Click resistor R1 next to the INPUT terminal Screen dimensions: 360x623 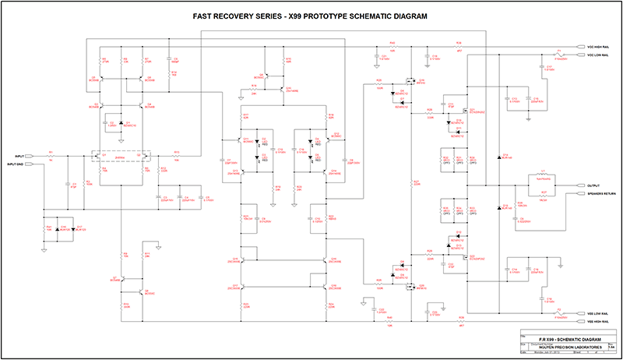[x=51, y=156]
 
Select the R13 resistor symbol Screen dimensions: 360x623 [x=176, y=156]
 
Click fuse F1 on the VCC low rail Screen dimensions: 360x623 [x=558, y=55]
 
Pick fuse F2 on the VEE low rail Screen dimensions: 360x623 [x=558, y=311]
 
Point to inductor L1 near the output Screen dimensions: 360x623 [x=543, y=175]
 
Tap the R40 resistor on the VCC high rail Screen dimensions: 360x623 [x=393, y=46]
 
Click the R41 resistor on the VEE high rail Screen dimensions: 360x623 [x=393, y=320]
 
